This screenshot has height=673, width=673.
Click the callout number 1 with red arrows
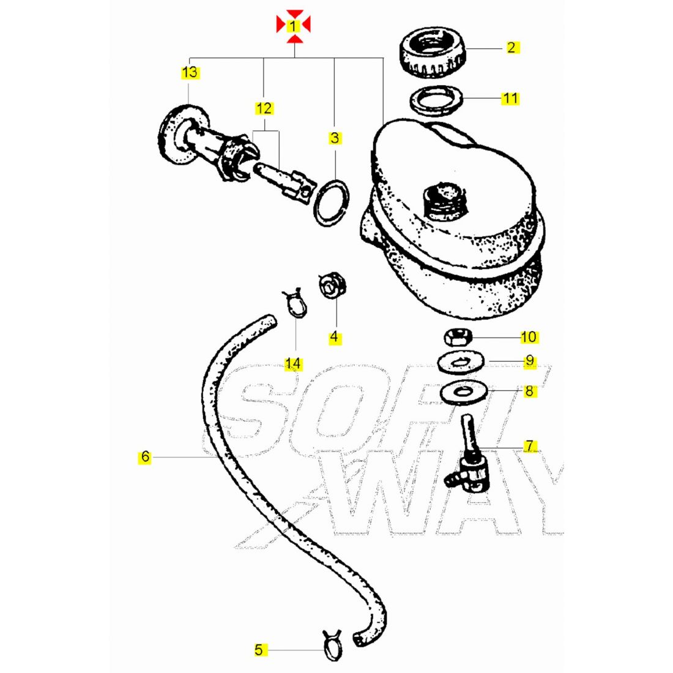293,26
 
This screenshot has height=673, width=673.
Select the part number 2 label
511,47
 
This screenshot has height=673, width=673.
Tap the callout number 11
510,99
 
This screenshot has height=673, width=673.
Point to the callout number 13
190,72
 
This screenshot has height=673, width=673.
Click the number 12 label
264,108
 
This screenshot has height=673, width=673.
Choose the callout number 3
334,138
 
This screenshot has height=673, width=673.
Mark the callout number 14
293,364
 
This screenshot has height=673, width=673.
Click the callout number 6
145,456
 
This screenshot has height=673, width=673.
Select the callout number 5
258,649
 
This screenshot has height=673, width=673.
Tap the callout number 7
530,445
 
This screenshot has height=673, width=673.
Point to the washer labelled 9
461,362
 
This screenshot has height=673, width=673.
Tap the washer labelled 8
463,392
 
